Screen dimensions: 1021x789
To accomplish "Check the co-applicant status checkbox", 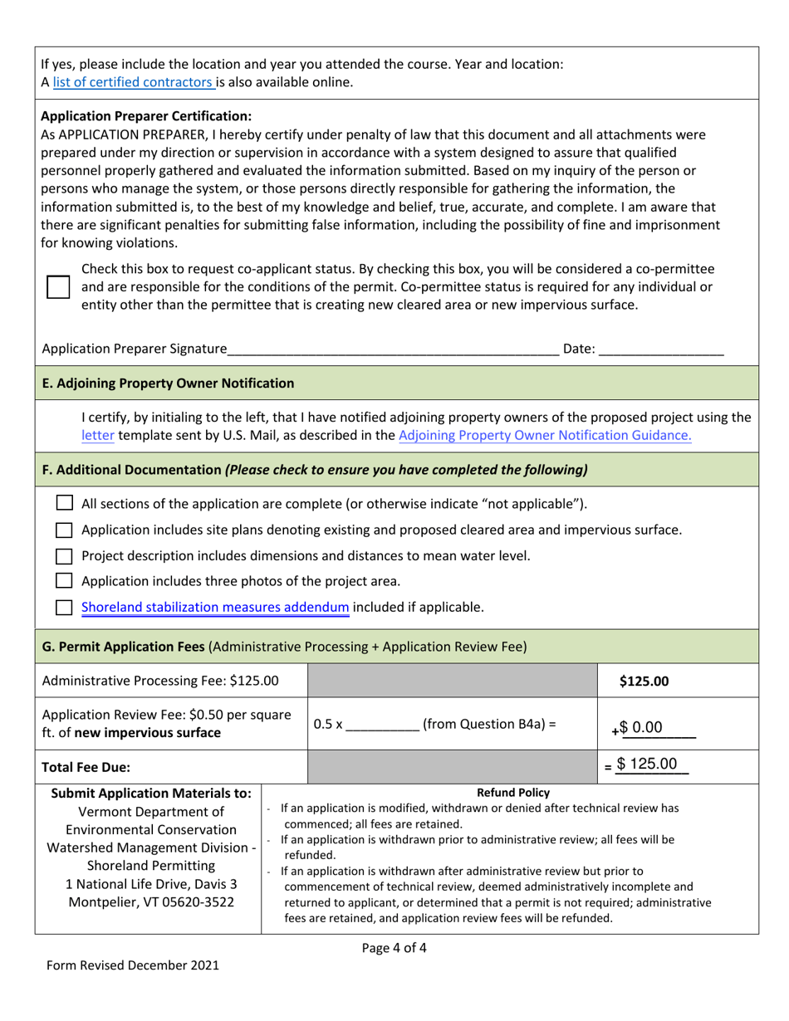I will pos(58,287).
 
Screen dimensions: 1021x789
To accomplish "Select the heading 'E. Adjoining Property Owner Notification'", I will pos(168,383).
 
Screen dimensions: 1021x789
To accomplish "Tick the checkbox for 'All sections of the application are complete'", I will pos(64,503).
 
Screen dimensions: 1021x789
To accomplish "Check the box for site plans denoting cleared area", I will pos(64,530).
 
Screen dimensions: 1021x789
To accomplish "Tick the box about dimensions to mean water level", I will pos(64,555).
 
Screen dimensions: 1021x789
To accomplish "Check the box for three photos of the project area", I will pos(64,581).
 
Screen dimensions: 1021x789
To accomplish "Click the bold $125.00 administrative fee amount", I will pos(644,681).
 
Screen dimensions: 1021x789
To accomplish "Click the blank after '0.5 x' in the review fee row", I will pos(382,724).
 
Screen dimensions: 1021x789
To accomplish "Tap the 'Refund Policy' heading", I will pos(512,792).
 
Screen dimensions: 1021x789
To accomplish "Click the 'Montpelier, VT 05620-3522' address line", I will pos(149,903).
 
